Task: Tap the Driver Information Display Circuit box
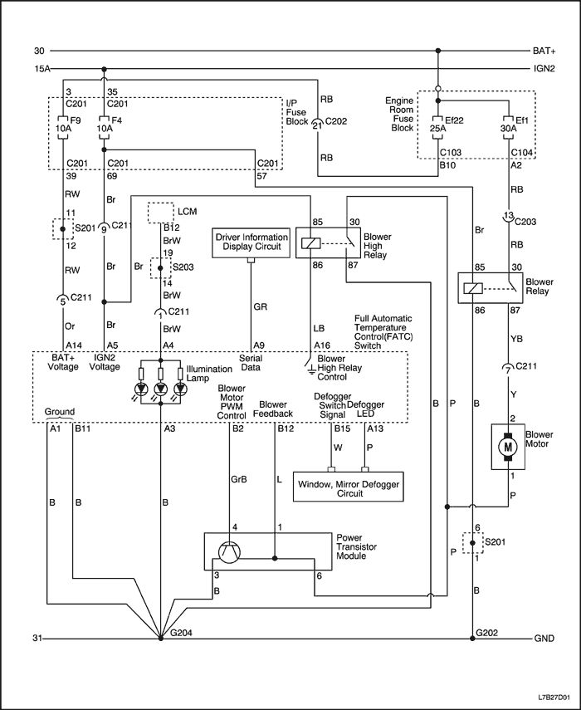251,242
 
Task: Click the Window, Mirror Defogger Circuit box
348,487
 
